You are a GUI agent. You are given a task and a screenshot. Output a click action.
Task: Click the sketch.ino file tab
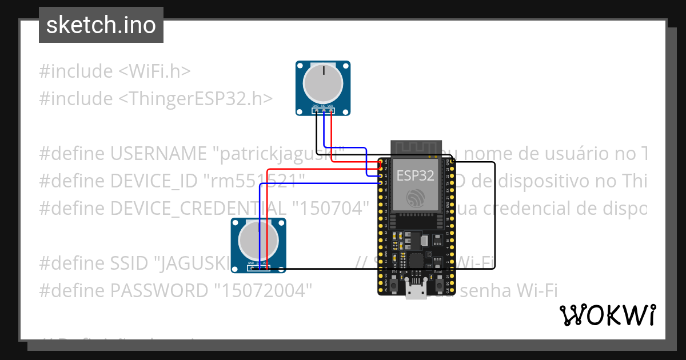click(x=101, y=25)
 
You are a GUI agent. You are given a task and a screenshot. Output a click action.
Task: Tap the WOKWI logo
click(x=607, y=315)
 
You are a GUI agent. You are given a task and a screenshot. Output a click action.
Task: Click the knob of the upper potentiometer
click(x=323, y=83)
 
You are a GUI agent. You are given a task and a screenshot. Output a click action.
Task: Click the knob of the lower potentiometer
click(x=258, y=239)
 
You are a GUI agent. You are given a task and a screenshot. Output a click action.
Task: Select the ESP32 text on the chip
click(x=415, y=175)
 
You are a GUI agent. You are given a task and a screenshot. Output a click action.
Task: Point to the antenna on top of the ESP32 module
click(x=415, y=147)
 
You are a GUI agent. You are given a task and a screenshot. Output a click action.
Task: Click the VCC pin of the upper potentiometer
click(x=330, y=110)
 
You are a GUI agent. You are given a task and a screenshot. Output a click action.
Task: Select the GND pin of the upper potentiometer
click(x=316, y=110)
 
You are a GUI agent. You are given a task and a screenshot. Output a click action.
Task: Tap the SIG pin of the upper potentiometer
click(x=323, y=110)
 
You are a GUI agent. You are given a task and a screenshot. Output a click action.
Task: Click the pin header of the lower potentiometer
click(x=258, y=267)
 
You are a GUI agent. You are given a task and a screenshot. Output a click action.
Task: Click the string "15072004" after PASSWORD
click(x=264, y=291)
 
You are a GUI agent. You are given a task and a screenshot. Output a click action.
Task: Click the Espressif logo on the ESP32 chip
click(x=415, y=198)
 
